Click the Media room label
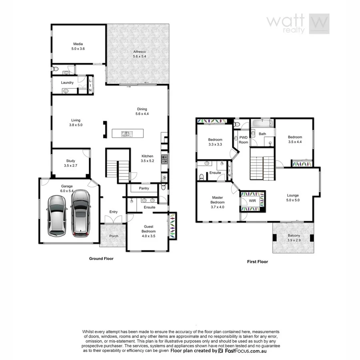click(78, 46)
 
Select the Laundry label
click(67, 83)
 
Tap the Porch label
click(114, 236)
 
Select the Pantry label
click(144, 188)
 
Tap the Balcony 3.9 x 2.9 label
click(294, 238)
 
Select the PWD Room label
click(243, 140)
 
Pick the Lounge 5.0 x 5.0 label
click(293, 198)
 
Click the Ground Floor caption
click(101, 259)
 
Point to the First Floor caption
click(257, 262)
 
